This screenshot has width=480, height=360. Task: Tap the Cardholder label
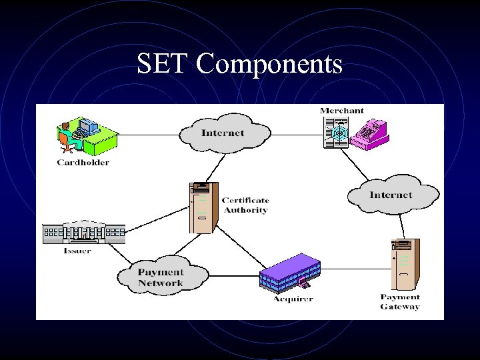(83, 162)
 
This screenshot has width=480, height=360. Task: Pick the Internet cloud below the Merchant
(391, 195)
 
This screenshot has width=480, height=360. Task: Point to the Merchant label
(342, 111)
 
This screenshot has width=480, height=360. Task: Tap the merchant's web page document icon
(336, 131)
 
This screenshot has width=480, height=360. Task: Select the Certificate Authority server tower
(203, 207)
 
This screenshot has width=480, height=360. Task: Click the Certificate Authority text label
(245, 205)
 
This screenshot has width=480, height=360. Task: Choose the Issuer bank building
(83, 232)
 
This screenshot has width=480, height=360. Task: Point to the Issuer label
(77, 251)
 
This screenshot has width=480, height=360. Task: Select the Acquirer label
(293, 299)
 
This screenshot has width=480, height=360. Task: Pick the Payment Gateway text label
(400, 302)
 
